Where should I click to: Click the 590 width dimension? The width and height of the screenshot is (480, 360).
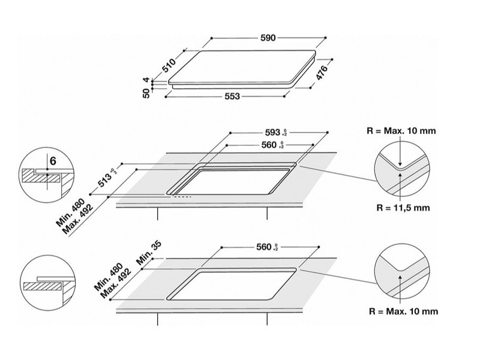[268, 38]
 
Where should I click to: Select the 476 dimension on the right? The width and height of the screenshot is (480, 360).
[322, 73]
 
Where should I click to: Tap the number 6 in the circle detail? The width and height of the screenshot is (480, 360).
[53, 161]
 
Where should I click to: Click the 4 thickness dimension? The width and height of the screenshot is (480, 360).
[146, 80]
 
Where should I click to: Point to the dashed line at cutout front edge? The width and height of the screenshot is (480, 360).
[181, 196]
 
